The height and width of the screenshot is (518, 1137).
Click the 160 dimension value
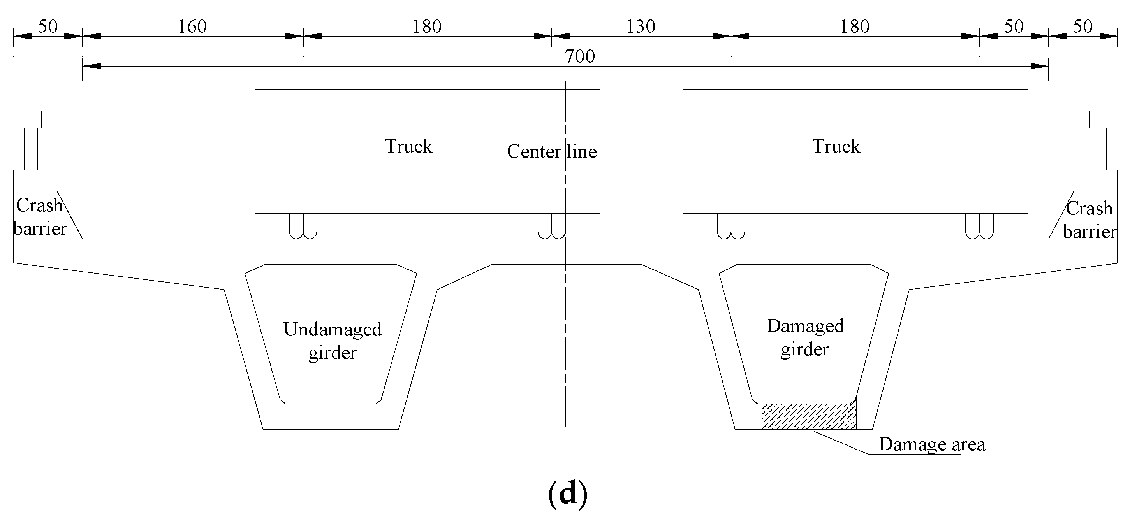click(x=192, y=27)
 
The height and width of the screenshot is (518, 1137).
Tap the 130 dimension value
click(x=641, y=27)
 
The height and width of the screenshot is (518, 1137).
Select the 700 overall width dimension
click(x=580, y=56)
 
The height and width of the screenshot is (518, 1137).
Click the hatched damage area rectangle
click(x=809, y=416)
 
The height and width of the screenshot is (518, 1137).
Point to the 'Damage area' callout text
click(x=932, y=444)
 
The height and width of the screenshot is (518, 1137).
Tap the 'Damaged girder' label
click(x=804, y=337)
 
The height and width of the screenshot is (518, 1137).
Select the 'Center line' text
click(x=552, y=151)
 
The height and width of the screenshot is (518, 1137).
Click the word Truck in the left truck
click(x=408, y=146)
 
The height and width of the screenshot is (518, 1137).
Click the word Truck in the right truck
click(x=836, y=146)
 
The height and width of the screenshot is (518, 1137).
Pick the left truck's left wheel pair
click(x=303, y=227)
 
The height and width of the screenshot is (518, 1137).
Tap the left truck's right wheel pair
click(x=551, y=227)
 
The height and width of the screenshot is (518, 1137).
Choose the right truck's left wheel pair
click(x=731, y=227)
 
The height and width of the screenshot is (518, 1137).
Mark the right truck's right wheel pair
click(x=979, y=227)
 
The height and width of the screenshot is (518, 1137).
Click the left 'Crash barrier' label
click(x=40, y=217)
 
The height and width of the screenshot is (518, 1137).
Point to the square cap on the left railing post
click(x=31, y=119)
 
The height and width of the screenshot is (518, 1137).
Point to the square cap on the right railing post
click(x=1100, y=119)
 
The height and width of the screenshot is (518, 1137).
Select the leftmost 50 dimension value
click(x=48, y=27)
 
